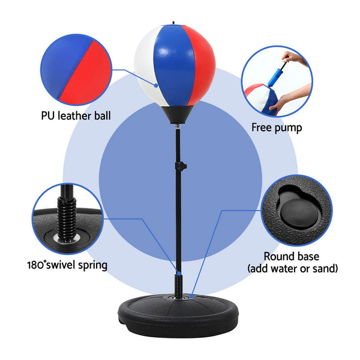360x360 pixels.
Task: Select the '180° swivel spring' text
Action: [67, 265]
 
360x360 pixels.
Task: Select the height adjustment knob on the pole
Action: [182, 166]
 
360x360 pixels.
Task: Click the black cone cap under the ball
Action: [175, 115]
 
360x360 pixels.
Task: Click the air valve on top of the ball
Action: [173, 23]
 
